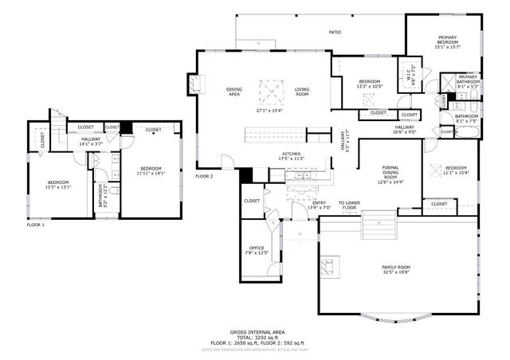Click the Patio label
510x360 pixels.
(x=335, y=33)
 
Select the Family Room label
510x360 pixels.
(x=395, y=269)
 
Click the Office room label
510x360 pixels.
(x=257, y=250)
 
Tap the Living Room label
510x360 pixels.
(x=302, y=92)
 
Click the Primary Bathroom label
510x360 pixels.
(x=468, y=80)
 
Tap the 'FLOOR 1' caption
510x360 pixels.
(x=35, y=225)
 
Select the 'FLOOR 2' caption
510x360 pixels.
(x=204, y=176)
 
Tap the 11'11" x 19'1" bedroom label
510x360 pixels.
(x=151, y=170)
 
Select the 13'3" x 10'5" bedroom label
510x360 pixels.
(x=369, y=83)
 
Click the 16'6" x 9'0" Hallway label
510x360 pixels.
(x=404, y=130)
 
